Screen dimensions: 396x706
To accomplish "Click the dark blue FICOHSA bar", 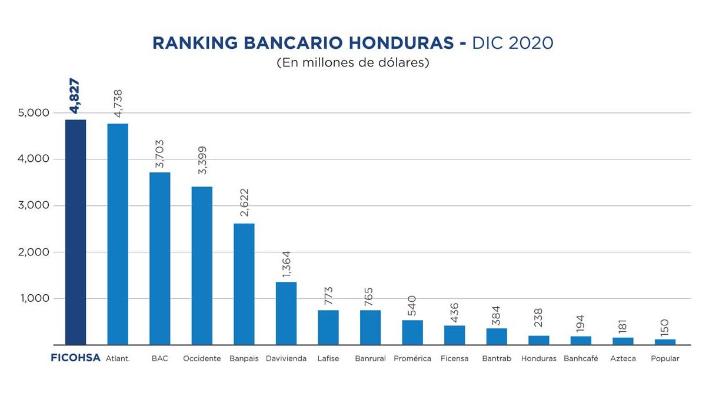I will tap(75, 232).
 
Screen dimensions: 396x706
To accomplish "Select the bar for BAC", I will tap(159, 258).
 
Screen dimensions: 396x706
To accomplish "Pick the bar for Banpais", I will tap(244, 284).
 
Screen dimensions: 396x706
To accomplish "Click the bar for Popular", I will tap(665, 342).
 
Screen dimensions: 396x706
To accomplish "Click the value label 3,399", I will tap(202, 160).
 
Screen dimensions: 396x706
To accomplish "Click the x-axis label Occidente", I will tap(202, 358).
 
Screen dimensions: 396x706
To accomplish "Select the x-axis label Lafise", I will tap(328, 358).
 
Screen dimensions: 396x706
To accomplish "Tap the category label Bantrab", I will tap(497, 358).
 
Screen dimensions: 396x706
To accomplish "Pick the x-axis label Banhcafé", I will tap(581, 358).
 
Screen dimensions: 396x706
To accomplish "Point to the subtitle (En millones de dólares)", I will tap(353, 63).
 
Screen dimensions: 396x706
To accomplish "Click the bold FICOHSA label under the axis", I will tap(75, 358).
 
